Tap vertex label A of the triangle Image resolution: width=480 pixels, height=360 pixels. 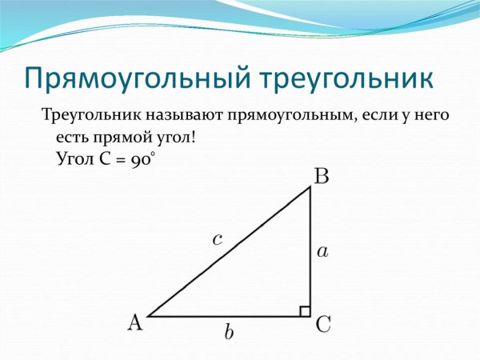click(x=135, y=322)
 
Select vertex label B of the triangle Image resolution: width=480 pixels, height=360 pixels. click(x=321, y=176)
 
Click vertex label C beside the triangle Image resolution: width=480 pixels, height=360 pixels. click(x=324, y=324)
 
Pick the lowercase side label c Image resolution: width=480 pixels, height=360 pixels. click(x=217, y=238)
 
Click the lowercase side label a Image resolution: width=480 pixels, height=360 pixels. click(x=322, y=251)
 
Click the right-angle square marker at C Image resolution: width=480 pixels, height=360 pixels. click(x=305, y=310)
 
